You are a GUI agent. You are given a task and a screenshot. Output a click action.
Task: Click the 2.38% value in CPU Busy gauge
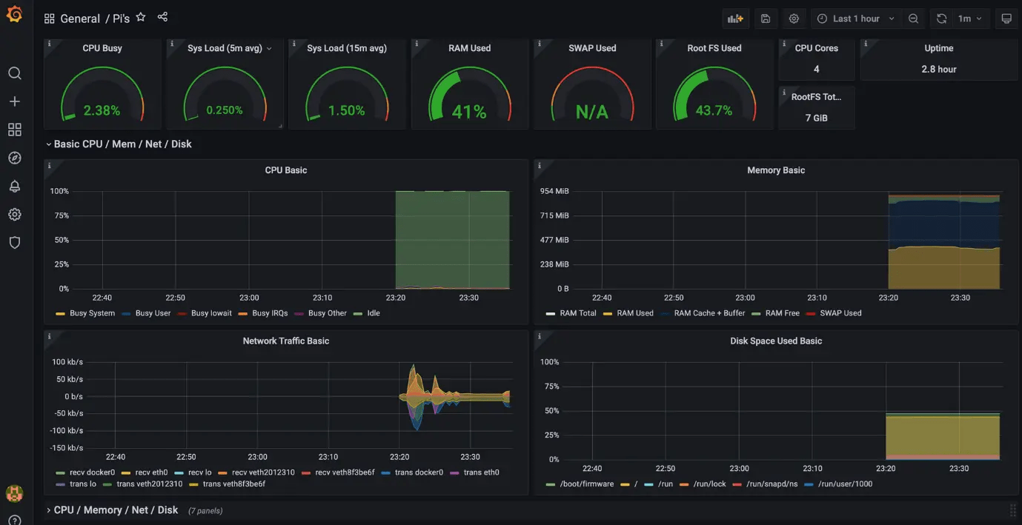[102, 110]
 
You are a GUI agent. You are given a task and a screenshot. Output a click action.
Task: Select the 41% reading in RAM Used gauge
[469, 112]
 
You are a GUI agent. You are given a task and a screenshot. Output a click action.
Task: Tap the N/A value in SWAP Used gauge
[591, 112]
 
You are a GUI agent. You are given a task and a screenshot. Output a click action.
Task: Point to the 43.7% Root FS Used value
[714, 110]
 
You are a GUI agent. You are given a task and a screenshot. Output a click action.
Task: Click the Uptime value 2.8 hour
[938, 69]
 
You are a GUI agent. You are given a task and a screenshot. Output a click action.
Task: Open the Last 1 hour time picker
[856, 19]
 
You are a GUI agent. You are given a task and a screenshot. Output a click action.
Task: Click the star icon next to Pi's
[141, 18]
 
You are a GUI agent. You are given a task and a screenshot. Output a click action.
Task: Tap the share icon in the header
[162, 18]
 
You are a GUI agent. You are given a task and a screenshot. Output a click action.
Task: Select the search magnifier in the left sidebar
[15, 73]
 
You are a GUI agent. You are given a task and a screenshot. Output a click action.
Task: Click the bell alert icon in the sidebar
[15, 186]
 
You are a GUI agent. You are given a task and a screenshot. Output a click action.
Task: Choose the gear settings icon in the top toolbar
[794, 19]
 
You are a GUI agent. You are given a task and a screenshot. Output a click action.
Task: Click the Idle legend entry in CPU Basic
[373, 313]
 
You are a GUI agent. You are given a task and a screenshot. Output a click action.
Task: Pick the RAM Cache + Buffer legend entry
[709, 313]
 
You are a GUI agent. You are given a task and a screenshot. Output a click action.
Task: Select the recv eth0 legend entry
[151, 472]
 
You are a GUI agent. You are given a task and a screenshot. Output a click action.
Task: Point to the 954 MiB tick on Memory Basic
[554, 191]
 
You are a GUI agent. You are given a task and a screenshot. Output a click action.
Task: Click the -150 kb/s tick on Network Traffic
[67, 448]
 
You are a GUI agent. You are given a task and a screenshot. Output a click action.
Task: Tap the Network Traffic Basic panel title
[285, 341]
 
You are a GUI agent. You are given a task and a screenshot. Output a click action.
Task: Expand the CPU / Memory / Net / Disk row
[116, 510]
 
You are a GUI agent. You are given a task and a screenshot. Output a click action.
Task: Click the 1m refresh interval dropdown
[969, 19]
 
